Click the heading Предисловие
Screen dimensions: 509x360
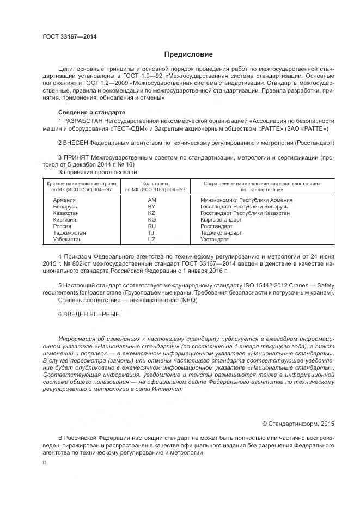[x=189, y=54]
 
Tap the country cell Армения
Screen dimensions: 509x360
[x=64, y=200]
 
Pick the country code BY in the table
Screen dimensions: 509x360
[x=152, y=207]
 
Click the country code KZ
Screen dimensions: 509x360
[x=152, y=213]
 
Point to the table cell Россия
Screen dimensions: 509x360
[x=62, y=226]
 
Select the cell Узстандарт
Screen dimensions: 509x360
[x=215, y=239]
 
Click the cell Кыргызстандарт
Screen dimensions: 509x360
[x=221, y=220]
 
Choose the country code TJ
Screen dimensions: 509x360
[x=152, y=232]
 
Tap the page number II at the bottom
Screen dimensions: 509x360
[x=44, y=462]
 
